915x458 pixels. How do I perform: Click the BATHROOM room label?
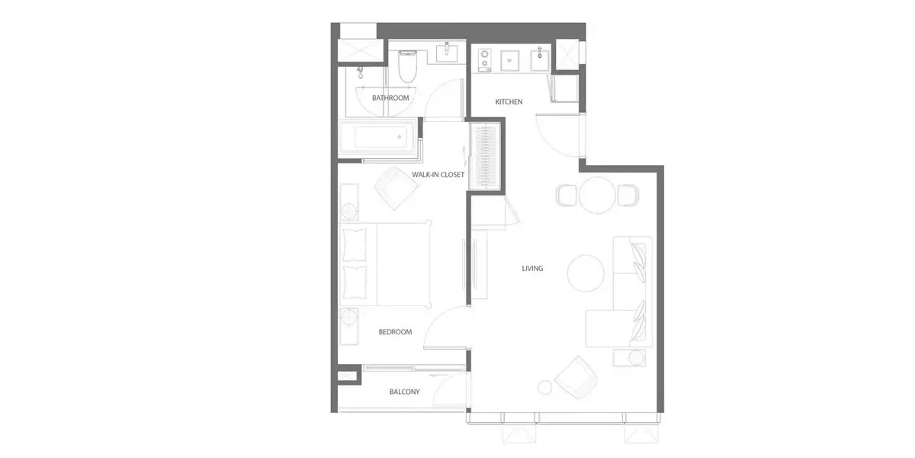tap(390, 98)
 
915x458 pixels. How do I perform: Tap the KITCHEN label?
tap(509, 102)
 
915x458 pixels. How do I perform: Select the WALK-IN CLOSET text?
tap(438, 175)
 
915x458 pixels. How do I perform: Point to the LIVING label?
tap(532, 269)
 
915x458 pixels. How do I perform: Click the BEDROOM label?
tap(395, 332)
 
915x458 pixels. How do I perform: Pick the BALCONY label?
tap(404, 392)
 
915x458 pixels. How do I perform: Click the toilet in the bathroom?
tap(407, 66)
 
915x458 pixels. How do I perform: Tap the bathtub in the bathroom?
tap(379, 137)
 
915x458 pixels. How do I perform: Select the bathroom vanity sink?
tap(447, 53)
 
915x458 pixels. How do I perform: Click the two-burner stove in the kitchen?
tap(485, 60)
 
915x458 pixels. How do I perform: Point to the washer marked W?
tap(510, 60)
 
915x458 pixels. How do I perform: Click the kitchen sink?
tap(540, 60)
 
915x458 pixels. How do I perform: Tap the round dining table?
tap(597, 195)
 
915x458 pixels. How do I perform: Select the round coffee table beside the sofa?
tap(586, 273)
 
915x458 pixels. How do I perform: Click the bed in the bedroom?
tap(386, 264)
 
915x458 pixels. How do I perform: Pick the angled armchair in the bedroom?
tap(396, 188)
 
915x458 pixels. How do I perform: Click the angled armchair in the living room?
tap(576, 377)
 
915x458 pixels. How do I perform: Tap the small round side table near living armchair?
tap(544, 387)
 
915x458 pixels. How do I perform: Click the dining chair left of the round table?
tap(566, 195)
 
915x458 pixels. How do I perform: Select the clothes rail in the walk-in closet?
tap(485, 156)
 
